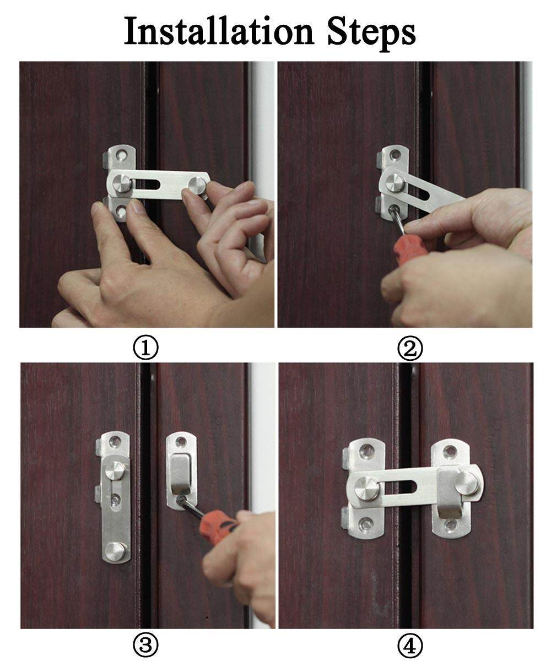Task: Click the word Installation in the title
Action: pos(219,31)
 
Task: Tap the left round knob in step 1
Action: pos(122,183)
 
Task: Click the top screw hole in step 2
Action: pos(395,155)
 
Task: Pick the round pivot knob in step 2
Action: pos(395,183)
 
